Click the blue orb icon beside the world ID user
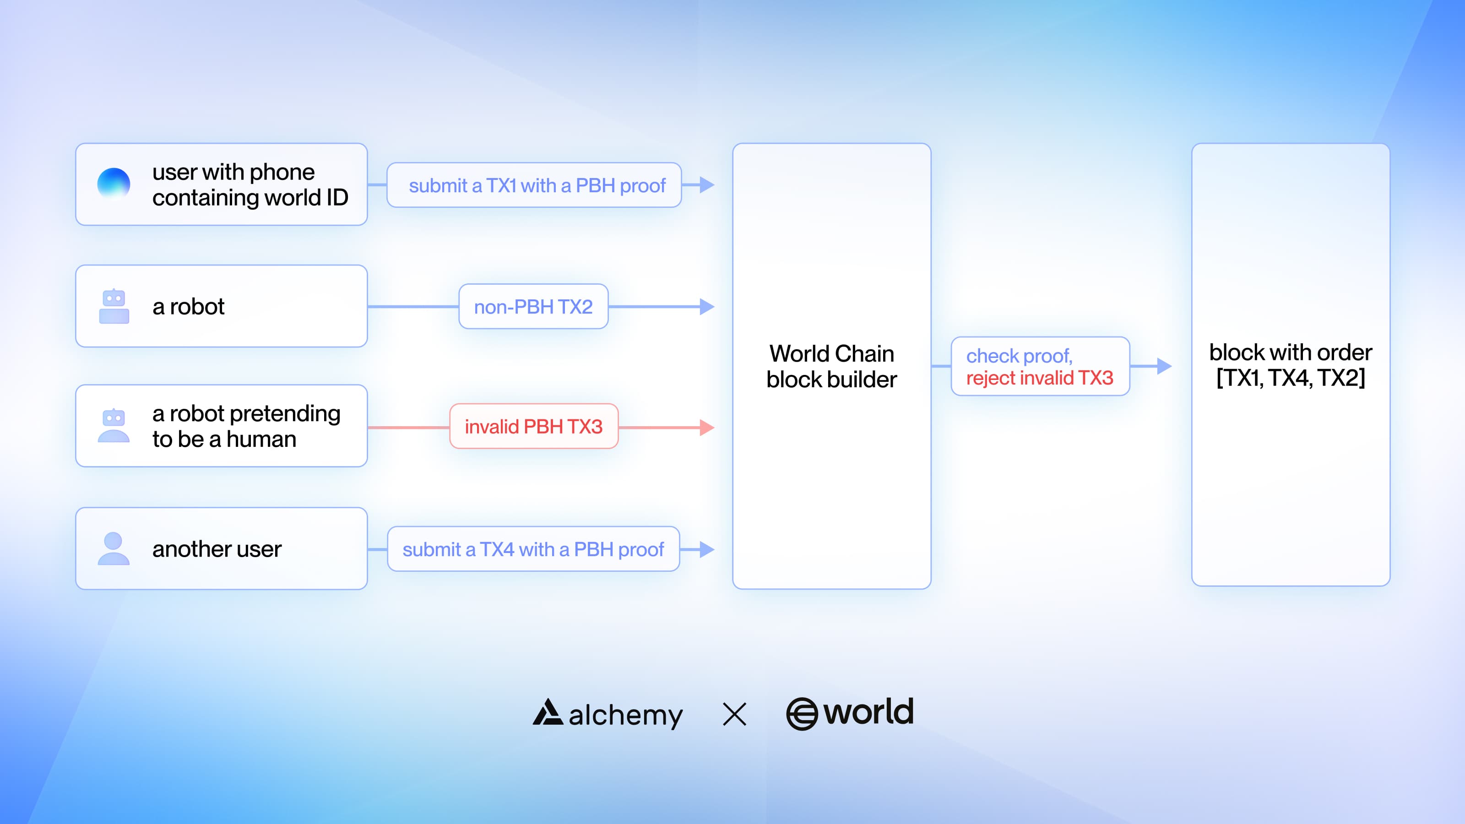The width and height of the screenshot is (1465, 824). point(114,184)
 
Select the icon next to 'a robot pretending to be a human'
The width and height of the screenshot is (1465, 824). point(114,425)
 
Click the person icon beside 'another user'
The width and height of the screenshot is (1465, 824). point(114,548)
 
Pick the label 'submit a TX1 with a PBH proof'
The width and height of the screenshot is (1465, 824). point(537,185)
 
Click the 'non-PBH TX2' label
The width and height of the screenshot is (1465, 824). point(533,307)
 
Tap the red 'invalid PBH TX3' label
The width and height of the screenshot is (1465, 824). point(533,427)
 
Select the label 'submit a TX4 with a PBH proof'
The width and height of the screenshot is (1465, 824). point(533,549)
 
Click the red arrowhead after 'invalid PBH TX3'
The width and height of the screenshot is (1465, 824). point(707,427)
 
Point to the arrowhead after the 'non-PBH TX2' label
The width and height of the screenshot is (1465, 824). point(707,307)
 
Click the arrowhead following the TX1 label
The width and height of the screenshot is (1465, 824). point(707,185)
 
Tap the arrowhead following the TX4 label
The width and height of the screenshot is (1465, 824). point(707,549)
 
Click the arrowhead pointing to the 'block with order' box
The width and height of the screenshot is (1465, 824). point(1165,366)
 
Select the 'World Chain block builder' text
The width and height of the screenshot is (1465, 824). point(831,366)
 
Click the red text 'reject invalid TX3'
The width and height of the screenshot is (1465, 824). point(1040,378)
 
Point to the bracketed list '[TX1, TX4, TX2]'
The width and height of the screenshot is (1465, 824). point(1291,378)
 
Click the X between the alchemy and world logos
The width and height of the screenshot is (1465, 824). point(734,714)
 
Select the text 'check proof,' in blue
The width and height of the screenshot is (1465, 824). point(1019,356)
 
